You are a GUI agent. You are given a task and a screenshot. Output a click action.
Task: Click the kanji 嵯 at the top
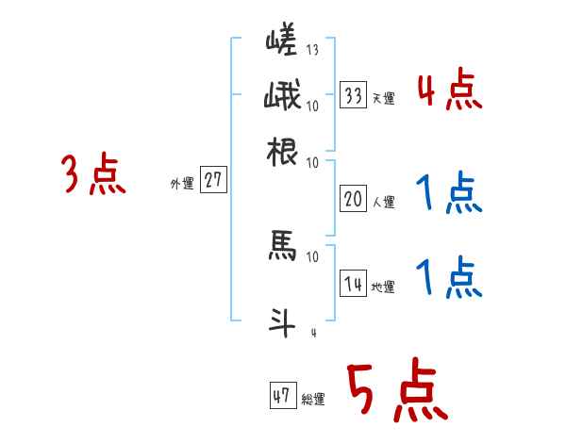283,43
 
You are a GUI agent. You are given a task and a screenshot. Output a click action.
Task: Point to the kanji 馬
283,247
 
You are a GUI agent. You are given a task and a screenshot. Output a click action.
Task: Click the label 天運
383,98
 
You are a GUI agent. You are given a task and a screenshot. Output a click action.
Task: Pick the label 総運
313,400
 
